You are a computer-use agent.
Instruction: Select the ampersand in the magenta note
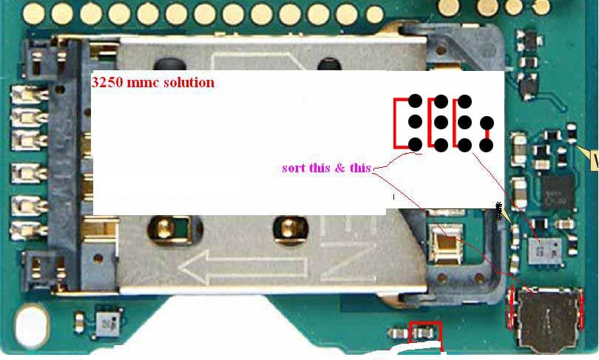coord(339,168)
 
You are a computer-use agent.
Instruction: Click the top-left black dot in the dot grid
coord(415,101)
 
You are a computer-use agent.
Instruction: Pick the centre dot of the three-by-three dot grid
coord(440,122)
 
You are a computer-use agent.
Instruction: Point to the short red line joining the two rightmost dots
coord(487,134)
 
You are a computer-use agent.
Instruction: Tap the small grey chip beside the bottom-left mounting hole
coord(105,323)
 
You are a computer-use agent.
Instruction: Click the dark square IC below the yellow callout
coord(557,190)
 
